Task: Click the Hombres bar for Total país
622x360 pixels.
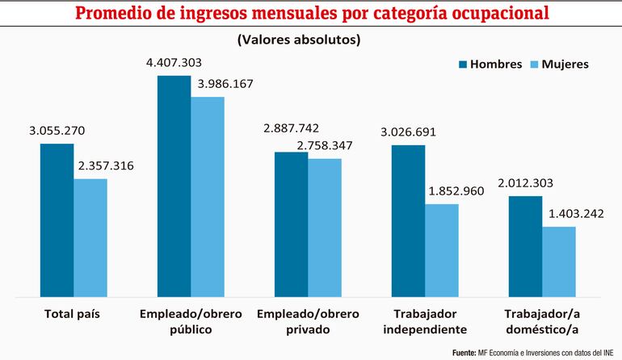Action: click(x=57, y=220)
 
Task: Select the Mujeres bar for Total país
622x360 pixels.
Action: click(x=90, y=237)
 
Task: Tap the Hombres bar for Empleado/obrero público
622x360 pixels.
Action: click(x=174, y=186)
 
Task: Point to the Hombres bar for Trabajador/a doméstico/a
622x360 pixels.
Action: click(x=525, y=245)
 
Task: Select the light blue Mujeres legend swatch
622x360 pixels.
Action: click(x=533, y=65)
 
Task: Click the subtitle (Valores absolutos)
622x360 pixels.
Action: click(x=299, y=39)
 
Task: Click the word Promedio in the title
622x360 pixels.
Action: click(x=122, y=14)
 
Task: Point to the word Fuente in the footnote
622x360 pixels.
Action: click(x=464, y=353)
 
